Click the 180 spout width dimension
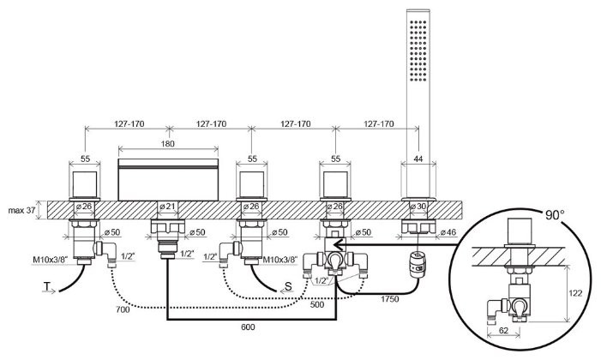click(x=167, y=143)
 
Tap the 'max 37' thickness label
click(x=21, y=209)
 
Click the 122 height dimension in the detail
click(x=585, y=292)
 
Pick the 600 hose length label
click(x=249, y=327)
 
